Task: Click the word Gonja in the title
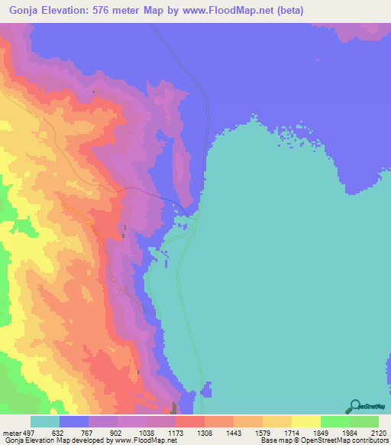(x=27, y=10)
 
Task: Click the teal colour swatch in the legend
(x=45, y=421)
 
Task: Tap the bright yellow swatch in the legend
(x=305, y=421)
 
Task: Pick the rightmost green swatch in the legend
(x=364, y=421)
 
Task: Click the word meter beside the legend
(x=11, y=433)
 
